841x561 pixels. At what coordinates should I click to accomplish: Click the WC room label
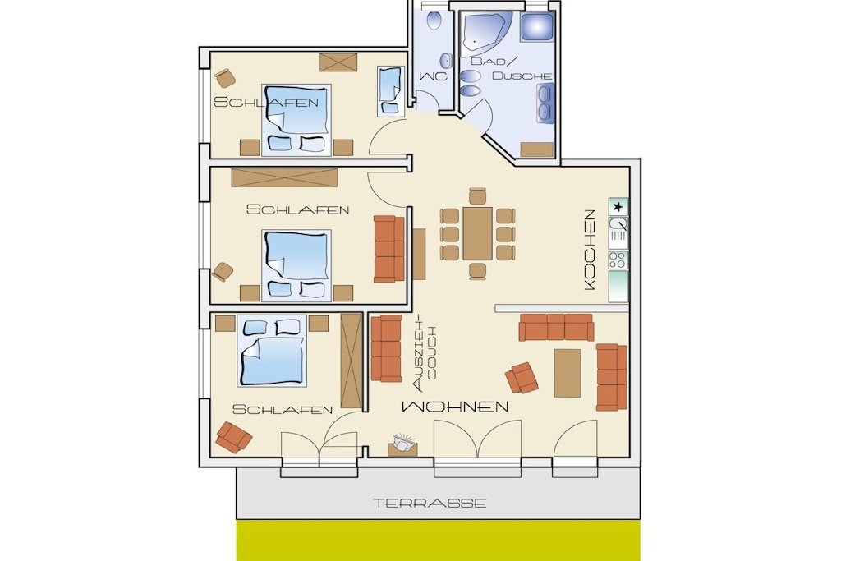click(433, 76)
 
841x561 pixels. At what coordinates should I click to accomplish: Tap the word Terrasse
click(430, 503)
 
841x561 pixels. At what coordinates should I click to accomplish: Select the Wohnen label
click(455, 407)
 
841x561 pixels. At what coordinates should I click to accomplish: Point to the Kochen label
click(590, 250)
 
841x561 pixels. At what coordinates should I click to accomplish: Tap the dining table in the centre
click(477, 234)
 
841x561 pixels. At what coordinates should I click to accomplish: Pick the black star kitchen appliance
click(618, 206)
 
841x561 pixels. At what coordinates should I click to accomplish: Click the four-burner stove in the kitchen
click(618, 260)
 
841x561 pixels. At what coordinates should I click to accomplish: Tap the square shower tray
click(536, 27)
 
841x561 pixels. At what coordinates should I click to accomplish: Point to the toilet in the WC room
click(434, 20)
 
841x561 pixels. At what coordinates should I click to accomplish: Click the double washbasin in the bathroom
click(545, 103)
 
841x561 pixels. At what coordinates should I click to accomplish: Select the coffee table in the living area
click(568, 373)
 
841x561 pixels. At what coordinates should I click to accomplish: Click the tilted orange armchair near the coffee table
click(522, 378)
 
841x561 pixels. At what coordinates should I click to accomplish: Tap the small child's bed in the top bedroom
click(390, 91)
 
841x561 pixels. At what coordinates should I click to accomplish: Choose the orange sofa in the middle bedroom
click(388, 249)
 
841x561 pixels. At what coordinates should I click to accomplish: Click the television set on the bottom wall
click(402, 446)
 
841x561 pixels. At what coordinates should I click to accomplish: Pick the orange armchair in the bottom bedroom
click(233, 437)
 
